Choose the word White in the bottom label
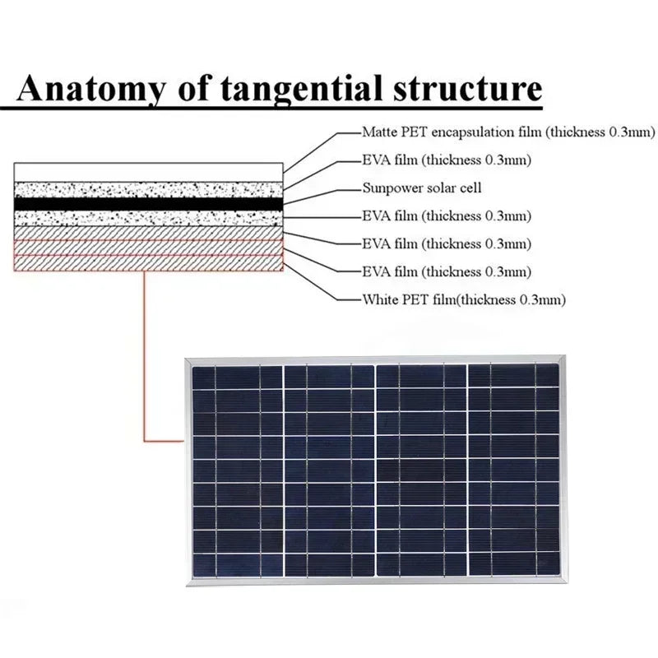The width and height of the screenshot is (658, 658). pyautogui.click(x=380, y=299)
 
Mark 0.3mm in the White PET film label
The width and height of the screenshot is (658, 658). pyautogui.click(x=543, y=299)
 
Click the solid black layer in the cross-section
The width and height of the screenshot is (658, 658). pyautogui.click(x=148, y=202)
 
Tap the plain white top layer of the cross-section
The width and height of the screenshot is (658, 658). pyautogui.click(x=148, y=172)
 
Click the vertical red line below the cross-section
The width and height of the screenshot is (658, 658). pyautogui.click(x=144, y=354)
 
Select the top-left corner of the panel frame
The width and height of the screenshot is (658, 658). pyautogui.click(x=188, y=359)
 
